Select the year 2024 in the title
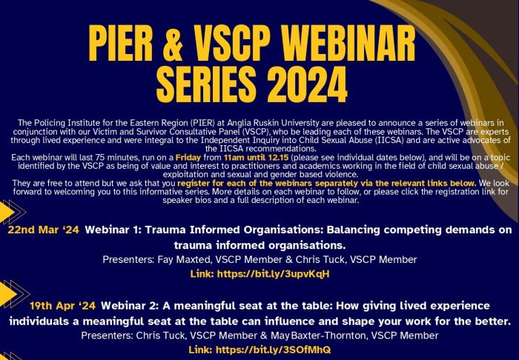[307, 84]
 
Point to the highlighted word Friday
[188, 157]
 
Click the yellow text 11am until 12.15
[256, 157]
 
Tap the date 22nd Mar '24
[43, 230]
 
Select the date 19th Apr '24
[62, 305]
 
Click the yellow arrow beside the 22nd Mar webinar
[7, 212]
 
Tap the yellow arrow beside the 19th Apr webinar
[8, 293]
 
